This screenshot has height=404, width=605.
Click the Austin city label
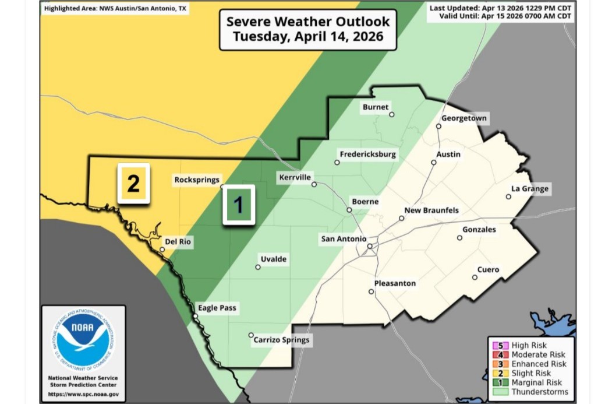point(448,154)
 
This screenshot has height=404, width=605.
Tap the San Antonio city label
point(344,239)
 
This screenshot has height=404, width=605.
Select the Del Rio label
point(178,242)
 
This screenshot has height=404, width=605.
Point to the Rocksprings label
point(197,180)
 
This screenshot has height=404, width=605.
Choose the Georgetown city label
point(464,118)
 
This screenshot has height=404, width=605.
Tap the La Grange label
point(529,189)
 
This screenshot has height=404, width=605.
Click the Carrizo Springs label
point(282,340)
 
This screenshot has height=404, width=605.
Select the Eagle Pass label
point(217,308)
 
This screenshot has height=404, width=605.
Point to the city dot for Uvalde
point(258,268)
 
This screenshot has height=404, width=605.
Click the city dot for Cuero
point(475,277)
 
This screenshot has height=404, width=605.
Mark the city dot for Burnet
point(392,114)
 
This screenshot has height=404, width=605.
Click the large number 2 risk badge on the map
point(133,184)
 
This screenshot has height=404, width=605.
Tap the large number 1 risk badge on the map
point(238,205)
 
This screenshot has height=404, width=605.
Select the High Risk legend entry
point(529,346)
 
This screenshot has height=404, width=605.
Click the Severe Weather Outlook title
point(308,29)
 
